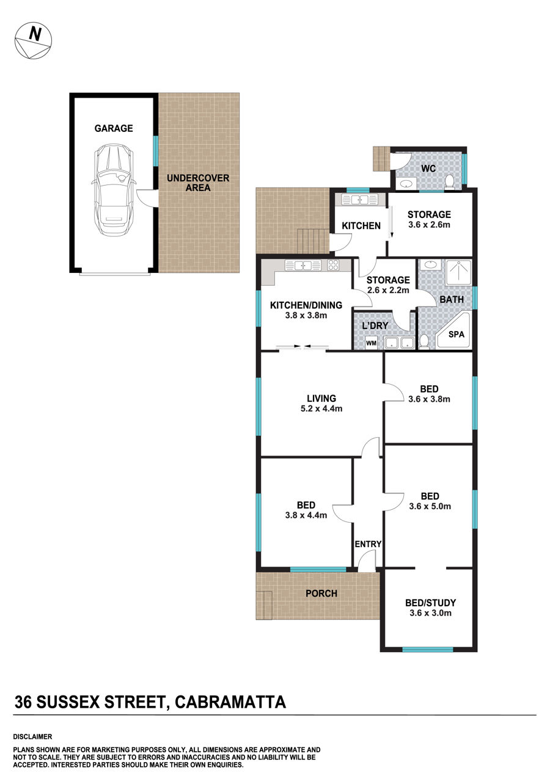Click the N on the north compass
(35, 34)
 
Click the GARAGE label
(114, 128)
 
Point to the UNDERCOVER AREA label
(198, 183)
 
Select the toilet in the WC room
(449, 183)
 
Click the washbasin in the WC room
(406, 183)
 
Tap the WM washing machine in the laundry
(371, 343)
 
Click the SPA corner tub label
(456, 334)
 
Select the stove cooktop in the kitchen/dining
(333, 265)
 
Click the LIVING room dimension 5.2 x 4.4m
(321, 408)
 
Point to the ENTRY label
(368, 544)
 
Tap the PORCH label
(321, 593)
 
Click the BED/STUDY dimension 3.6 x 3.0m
(430, 613)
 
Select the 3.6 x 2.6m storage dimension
(429, 224)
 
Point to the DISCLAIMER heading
(32, 737)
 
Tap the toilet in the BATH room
(424, 342)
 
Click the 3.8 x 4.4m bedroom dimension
(306, 515)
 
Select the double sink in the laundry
(400, 343)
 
